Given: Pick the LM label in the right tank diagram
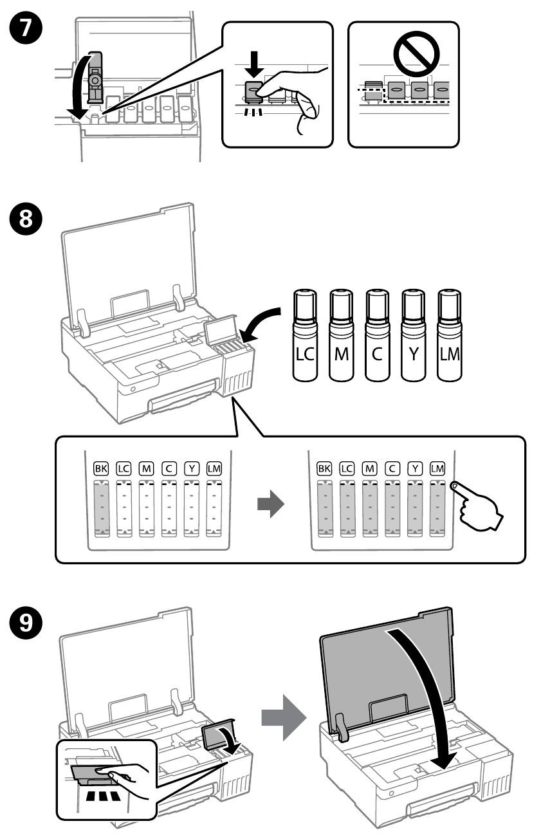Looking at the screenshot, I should click(437, 470).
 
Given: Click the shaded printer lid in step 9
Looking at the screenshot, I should click(380, 663).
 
